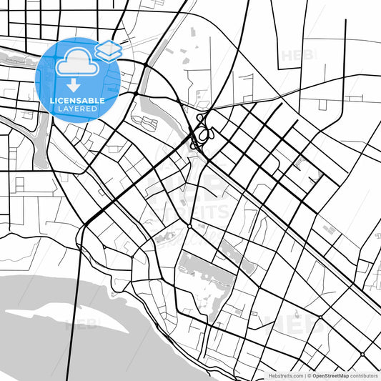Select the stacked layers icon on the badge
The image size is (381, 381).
[108, 50]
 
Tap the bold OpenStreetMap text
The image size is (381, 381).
[330, 375]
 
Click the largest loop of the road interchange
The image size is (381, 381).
[205, 133]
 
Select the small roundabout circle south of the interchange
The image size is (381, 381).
[189, 226]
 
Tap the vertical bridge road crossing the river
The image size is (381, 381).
[73, 315]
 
